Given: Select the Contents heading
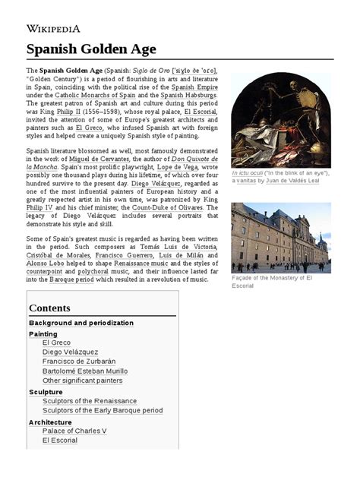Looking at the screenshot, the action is (x=49, y=308).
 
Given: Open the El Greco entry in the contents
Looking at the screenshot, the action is (x=56, y=343).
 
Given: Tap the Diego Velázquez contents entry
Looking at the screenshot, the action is (x=70, y=352).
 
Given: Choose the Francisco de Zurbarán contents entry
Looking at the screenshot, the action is (x=79, y=362).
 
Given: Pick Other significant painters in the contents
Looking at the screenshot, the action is (x=82, y=381).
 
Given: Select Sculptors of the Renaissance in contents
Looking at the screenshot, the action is (x=90, y=400).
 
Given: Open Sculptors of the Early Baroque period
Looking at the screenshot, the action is (x=103, y=410).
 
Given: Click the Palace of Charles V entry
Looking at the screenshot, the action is (x=74, y=431).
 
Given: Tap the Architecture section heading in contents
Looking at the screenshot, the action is (x=50, y=422).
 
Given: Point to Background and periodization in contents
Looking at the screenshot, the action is (x=81, y=323).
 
